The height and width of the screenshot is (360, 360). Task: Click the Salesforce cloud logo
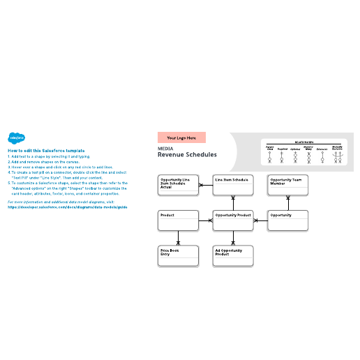15,138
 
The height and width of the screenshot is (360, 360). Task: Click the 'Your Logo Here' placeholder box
181,138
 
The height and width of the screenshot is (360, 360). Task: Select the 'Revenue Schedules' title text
187,155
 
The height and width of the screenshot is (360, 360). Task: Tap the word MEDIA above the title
165,148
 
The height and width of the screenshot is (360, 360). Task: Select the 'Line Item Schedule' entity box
232,185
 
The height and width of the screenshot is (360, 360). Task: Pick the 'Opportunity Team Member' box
287,185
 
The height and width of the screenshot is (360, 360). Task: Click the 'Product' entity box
179,220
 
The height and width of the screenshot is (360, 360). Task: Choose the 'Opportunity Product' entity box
232,220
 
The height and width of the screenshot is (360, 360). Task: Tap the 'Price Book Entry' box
179,255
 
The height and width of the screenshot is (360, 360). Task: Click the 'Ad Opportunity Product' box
232,255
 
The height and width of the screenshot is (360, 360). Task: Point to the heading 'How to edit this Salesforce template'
46,151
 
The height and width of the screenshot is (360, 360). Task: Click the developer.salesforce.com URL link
67,207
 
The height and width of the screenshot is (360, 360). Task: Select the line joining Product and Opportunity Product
205,220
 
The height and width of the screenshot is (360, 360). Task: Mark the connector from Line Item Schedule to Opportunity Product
233,203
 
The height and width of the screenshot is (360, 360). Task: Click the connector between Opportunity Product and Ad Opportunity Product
233,238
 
